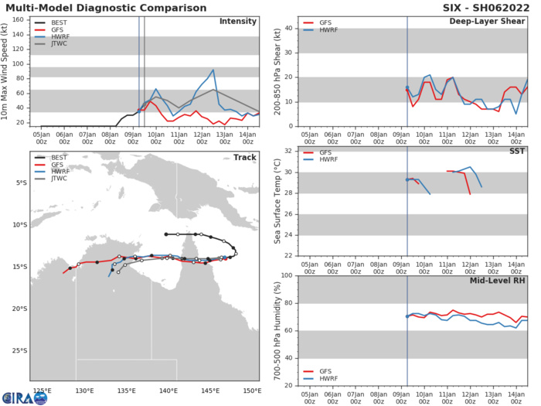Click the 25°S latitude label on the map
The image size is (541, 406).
pos(17,350)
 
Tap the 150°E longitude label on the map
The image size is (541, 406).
pos(251,390)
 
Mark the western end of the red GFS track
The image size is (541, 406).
pos(63,273)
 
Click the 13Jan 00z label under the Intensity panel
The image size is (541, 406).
pos(225,137)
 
